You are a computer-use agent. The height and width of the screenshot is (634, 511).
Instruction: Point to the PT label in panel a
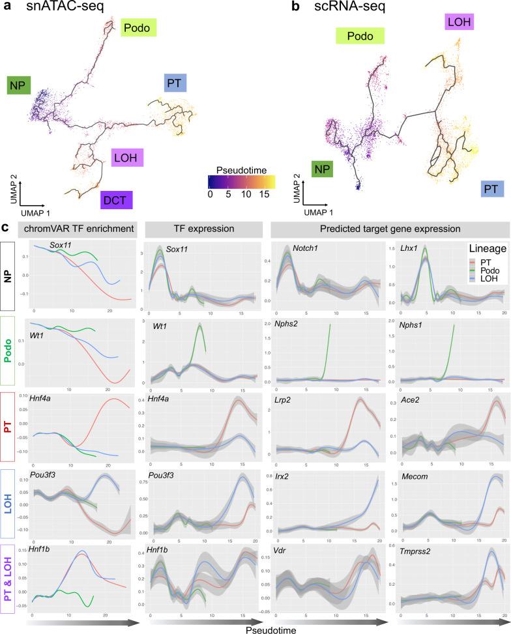174,83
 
